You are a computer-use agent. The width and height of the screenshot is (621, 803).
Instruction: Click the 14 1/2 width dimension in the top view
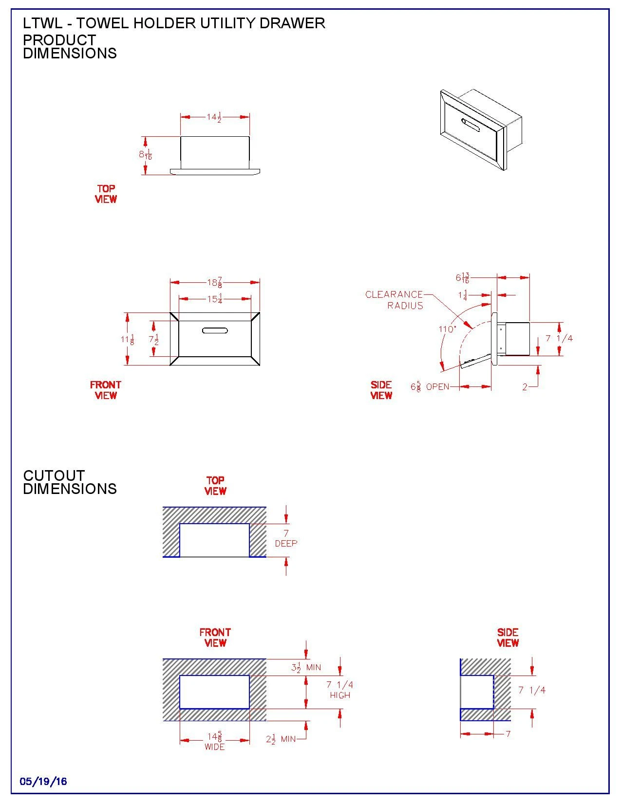click(x=214, y=117)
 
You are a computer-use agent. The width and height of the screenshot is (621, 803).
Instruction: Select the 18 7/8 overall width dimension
click(x=215, y=283)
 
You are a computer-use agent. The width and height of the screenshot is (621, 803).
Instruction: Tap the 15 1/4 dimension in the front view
click(x=215, y=299)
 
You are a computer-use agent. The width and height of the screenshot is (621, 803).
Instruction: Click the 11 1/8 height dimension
click(x=128, y=339)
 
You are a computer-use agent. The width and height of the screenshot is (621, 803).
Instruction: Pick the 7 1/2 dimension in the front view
click(x=154, y=339)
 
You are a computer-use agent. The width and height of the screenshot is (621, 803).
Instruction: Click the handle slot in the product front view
click(x=215, y=331)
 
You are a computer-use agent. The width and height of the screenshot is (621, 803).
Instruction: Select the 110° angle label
click(x=447, y=329)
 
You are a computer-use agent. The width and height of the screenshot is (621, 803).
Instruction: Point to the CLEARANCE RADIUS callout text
click(x=395, y=300)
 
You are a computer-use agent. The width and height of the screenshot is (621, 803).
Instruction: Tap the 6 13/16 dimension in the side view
click(x=463, y=278)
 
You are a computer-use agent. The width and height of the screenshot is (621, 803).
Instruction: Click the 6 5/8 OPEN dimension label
click(x=430, y=387)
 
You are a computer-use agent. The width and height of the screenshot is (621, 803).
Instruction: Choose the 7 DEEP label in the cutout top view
click(x=286, y=539)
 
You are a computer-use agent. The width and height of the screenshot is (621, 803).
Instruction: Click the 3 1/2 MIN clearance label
click(x=306, y=667)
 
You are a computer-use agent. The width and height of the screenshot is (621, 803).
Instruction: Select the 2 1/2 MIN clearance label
click(x=281, y=739)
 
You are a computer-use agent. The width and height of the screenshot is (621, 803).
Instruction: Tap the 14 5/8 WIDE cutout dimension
click(x=215, y=741)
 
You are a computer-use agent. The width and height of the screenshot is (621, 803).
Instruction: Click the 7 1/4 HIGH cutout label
click(x=340, y=690)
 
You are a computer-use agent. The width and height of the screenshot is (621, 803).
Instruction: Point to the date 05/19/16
click(x=43, y=782)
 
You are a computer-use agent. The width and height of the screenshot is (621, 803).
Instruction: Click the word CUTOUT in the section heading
click(x=54, y=475)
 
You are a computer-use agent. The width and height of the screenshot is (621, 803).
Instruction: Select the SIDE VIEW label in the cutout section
click(x=508, y=638)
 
